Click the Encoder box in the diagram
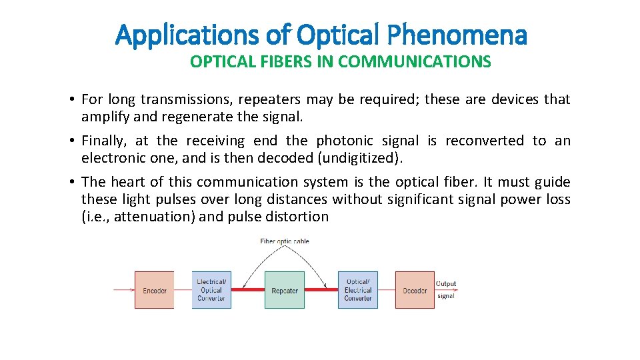coord(154,290)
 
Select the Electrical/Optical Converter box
coord(211,290)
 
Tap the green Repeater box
coord(285,290)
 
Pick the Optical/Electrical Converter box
coord(358,290)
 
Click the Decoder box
coord(415,290)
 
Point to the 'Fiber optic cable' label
coord(285,241)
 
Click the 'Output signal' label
coord(446,289)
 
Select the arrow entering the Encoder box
coord(124,290)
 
